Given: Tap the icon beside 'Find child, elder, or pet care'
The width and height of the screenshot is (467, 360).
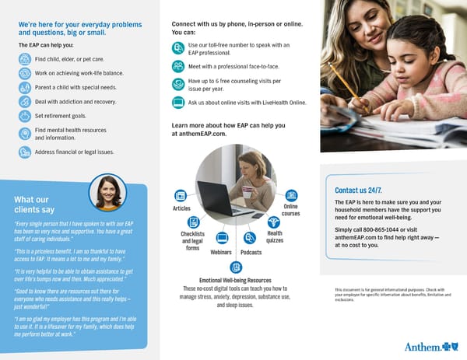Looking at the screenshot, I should pyautogui.click(x=25, y=58).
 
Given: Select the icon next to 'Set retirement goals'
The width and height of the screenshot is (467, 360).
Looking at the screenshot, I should pyautogui.click(x=25, y=115).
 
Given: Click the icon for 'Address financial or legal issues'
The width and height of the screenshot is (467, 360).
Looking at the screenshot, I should pyautogui.click(x=25, y=152).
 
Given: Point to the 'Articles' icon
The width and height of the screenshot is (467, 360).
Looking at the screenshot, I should pyautogui.click(x=181, y=195).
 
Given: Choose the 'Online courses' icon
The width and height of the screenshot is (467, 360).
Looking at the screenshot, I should pyautogui.click(x=291, y=195).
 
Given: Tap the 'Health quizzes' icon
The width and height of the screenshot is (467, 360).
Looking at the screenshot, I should pyautogui.click(x=273, y=222).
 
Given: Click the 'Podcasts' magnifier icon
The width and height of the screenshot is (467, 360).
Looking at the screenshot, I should pyautogui.click(x=250, y=238).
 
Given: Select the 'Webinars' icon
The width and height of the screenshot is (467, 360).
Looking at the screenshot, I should pyautogui.click(x=222, y=238).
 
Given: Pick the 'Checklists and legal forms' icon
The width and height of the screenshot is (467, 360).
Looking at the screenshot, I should pyautogui.click(x=192, y=221).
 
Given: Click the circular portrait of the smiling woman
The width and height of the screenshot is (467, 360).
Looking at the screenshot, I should pyautogui.click(x=107, y=192).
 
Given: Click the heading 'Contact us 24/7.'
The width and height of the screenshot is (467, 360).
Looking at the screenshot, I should pyautogui.click(x=357, y=190).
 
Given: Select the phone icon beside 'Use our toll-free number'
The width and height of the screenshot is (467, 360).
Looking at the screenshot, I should pyautogui.click(x=178, y=48).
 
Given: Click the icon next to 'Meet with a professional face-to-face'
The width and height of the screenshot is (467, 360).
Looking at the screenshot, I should pyautogui.click(x=178, y=66).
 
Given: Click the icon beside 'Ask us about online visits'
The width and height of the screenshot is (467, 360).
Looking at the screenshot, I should pyautogui.click(x=178, y=103).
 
